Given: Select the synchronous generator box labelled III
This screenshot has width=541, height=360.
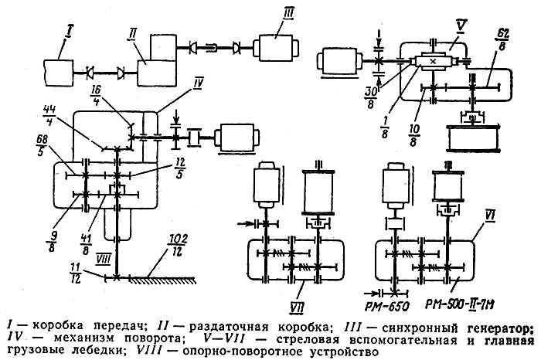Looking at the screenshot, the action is tap(276, 47).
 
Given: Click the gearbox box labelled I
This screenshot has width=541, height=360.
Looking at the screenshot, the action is tap(59, 73).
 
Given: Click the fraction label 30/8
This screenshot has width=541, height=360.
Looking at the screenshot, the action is tap(371, 98).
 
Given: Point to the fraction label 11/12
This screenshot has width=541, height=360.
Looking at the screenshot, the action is tap(76, 273).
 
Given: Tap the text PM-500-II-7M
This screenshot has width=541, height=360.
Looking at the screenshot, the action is tap(458, 305).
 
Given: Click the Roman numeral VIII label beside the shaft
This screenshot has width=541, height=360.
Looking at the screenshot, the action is tap(103, 259).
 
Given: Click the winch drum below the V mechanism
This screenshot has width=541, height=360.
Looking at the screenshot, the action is tap(473, 138).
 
